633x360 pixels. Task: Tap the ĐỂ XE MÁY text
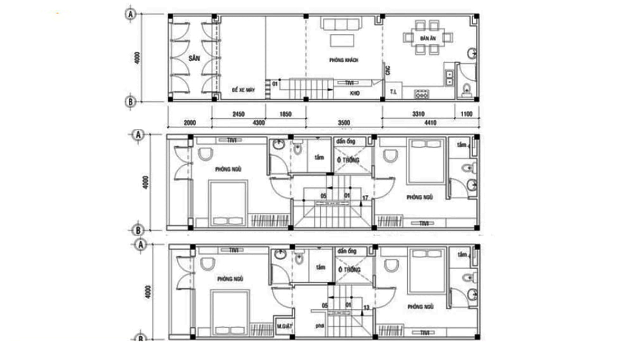point(244,90)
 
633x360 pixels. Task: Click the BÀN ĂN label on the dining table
point(427,39)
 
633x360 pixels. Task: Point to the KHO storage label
point(354,93)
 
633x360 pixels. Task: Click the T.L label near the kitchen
point(394,92)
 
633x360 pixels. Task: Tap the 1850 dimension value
point(285,113)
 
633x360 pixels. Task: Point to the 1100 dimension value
point(467,113)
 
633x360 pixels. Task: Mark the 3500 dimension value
point(344,122)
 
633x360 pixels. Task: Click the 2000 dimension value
point(190,122)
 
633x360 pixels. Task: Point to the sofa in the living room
point(343,24)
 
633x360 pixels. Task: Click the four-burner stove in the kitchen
point(422,94)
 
